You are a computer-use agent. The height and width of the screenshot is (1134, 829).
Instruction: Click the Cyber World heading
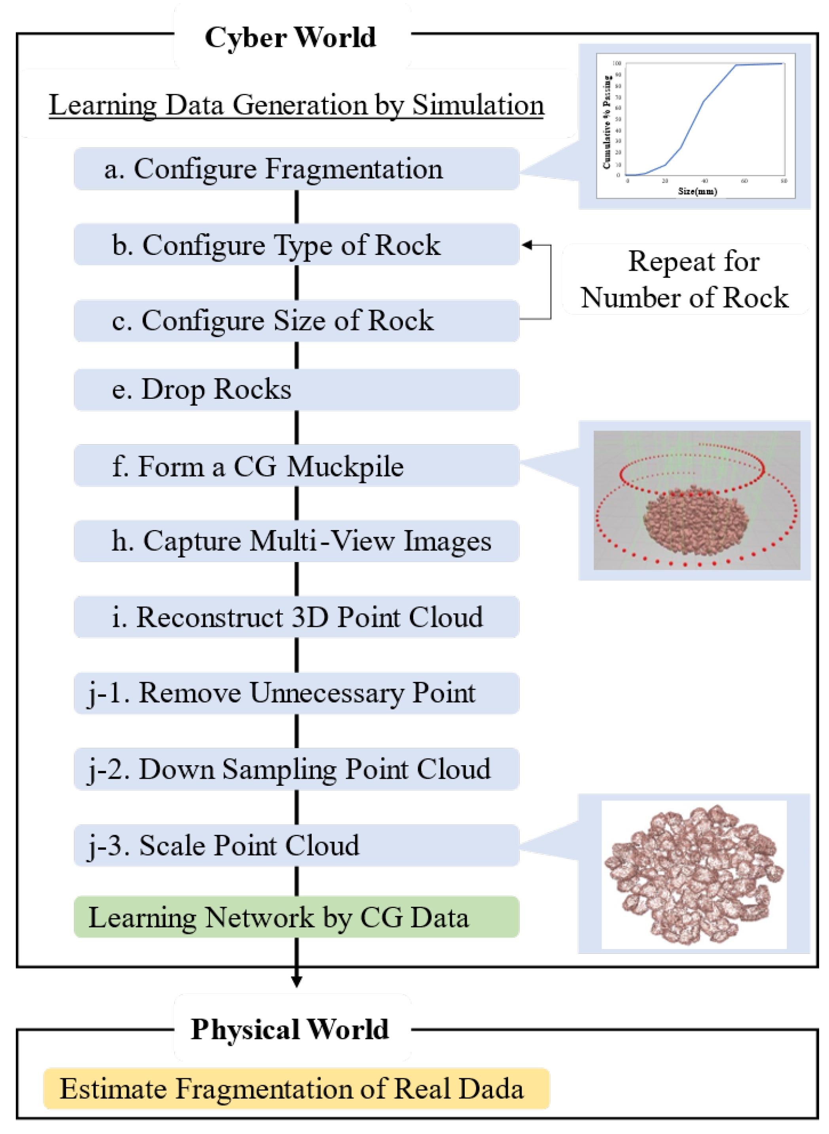(290, 38)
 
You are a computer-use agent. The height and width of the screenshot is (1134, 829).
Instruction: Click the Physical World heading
(290, 1030)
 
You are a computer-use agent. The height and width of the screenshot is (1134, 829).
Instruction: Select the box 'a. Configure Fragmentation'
(296, 168)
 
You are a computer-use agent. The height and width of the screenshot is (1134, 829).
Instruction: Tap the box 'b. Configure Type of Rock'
(296, 245)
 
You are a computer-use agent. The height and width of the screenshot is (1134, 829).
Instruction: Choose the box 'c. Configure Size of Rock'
(296, 321)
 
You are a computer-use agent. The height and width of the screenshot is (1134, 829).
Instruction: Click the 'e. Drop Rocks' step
(296, 390)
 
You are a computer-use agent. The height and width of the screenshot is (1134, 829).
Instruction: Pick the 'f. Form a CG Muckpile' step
(296, 466)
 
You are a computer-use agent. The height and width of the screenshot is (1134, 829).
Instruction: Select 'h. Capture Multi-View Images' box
(296, 541)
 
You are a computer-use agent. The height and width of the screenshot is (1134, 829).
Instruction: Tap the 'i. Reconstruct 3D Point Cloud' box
(296, 617)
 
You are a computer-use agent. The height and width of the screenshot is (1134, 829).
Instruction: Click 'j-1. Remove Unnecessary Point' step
(296, 693)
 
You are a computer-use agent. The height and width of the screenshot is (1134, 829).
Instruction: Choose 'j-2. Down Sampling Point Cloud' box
(296, 769)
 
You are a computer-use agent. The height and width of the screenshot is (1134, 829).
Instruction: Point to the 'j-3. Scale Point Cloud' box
(296, 845)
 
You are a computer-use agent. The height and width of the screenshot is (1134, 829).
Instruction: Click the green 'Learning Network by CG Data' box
(296, 917)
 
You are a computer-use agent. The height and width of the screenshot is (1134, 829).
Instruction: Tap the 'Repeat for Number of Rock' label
(686, 279)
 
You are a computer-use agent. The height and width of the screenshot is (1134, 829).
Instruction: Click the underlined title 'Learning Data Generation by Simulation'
(296, 105)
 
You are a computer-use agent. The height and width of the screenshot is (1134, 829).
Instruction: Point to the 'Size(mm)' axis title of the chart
(697, 191)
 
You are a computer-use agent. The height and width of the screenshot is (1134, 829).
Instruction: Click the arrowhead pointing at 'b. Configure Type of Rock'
(526, 245)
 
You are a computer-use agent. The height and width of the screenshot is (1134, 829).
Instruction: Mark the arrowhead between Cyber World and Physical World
(297, 981)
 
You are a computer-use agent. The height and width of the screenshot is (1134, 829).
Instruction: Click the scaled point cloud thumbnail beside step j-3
(694, 874)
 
